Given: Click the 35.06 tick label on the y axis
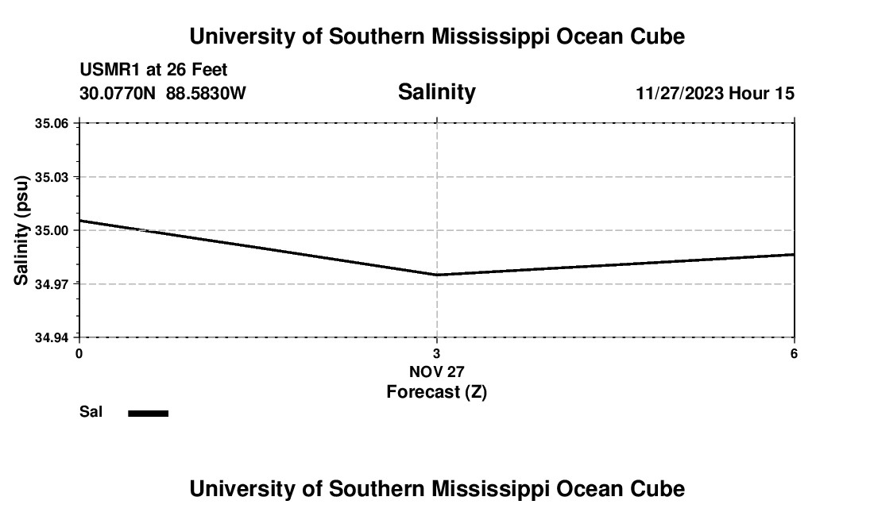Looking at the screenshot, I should coord(52,124).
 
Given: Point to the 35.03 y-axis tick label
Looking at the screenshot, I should coord(52,177).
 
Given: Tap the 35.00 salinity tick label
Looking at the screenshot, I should coord(52,230).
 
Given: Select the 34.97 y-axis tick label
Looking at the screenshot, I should coord(52,284).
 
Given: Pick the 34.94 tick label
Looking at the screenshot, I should coord(52,337).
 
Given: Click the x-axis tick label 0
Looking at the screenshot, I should coord(79,353).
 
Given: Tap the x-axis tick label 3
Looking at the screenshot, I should coord(436,353).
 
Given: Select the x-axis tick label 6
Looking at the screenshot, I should coord(794,353).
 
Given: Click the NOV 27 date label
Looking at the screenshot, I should coord(436,372).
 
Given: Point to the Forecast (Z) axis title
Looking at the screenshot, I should coord(436,391).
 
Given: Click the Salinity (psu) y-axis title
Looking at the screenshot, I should coord(21,230).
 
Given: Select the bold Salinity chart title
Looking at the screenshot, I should coord(436,92).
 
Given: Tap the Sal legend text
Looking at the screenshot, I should coord(91,412).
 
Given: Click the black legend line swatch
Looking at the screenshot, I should coord(148,413).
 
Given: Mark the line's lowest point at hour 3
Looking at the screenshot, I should coord(437,275).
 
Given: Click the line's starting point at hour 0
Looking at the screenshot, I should coord(79,221).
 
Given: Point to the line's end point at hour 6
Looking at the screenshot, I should coord(794,254).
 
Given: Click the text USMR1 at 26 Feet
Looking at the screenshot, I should coord(153,71).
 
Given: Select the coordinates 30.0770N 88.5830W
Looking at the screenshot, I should coord(163,94).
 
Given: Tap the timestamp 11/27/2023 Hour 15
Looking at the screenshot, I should coord(714,94).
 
